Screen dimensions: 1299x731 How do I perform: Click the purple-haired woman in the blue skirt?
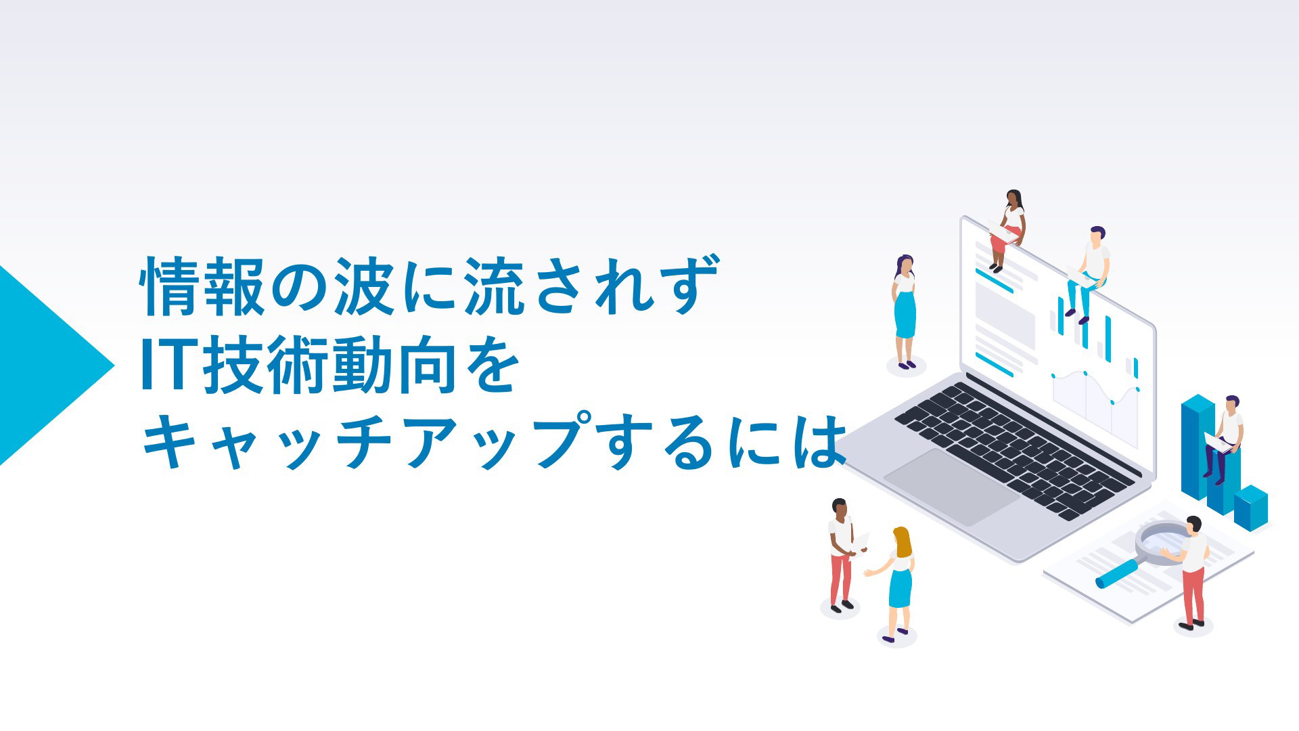point(904,312)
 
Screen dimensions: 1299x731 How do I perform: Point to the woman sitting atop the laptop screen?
point(1007,230)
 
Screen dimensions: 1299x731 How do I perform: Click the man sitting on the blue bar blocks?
point(1225,439)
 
